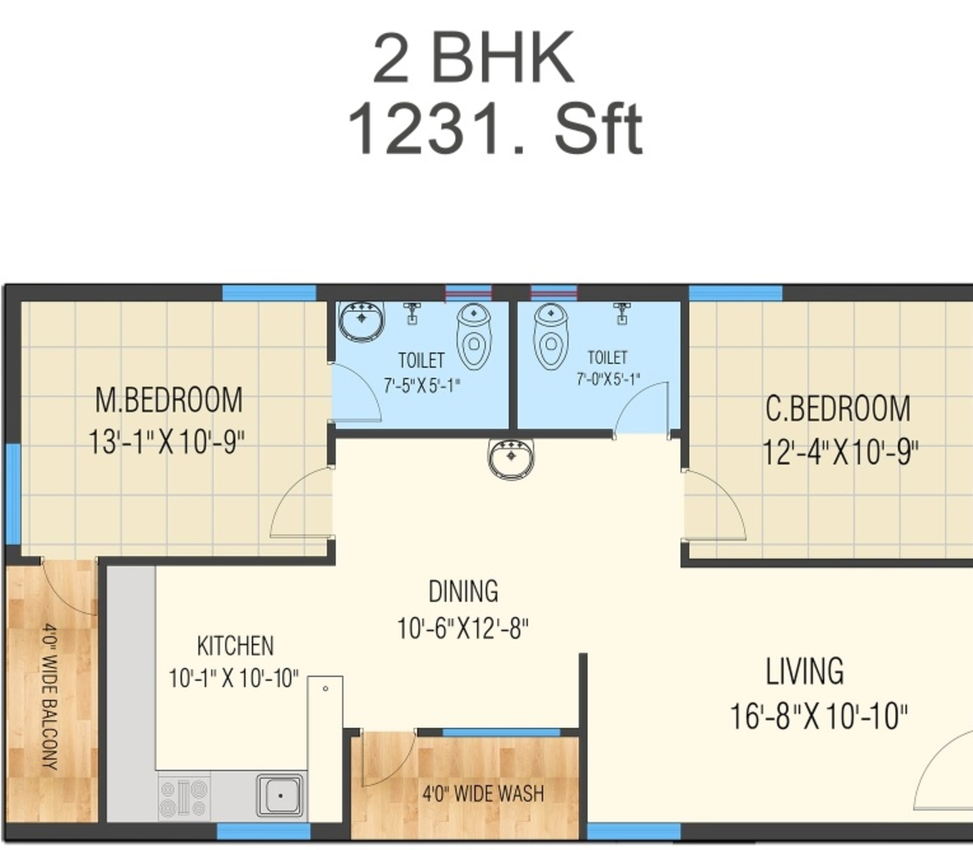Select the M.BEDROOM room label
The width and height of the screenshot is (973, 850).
pos(169,400)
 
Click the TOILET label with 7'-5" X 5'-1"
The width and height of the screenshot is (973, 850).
pos(421,360)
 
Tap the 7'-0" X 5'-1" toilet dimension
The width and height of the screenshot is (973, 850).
pos(608,379)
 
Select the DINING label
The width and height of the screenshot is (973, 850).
pos(463,591)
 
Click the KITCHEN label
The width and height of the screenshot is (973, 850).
pos(235,646)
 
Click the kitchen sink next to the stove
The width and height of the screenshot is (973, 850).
pos(280,795)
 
